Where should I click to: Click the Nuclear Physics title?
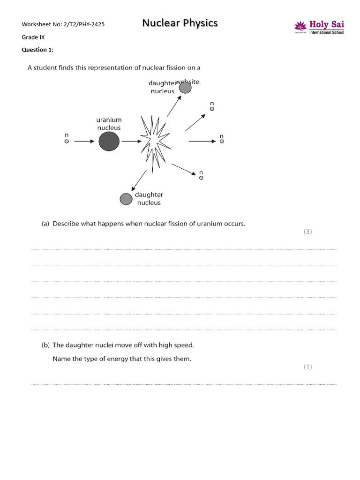pyautogui.click(x=180, y=23)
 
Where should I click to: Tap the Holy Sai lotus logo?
pyautogui.click(x=300, y=26)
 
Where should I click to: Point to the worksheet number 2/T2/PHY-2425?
pyautogui.click(x=83, y=24)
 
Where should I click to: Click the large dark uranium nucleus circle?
pyautogui.click(x=109, y=141)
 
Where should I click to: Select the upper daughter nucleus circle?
pyautogui.click(x=185, y=88)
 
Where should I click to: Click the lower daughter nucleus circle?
pyautogui.click(x=126, y=199)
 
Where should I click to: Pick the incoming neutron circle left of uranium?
pyautogui.click(x=67, y=141)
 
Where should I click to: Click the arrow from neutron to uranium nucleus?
pyautogui.click(x=84, y=141)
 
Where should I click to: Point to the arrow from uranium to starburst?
pyautogui.click(x=131, y=141)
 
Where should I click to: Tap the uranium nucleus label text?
pyautogui.click(x=109, y=124)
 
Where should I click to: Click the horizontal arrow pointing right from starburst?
pyautogui.click(x=202, y=141)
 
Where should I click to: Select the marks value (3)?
pyautogui.click(x=307, y=232)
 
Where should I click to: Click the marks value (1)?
pyautogui.click(x=307, y=367)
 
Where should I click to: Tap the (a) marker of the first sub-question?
pyautogui.click(x=45, y=224)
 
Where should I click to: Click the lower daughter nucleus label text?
pyautogui.click(x=149, y=199)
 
